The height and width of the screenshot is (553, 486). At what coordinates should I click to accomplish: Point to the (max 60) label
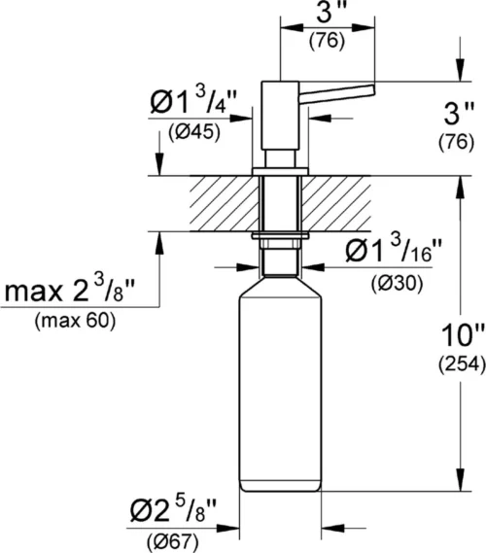(x=73, y=322)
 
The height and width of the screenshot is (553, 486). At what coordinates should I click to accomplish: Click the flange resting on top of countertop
(x=281, y=171)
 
